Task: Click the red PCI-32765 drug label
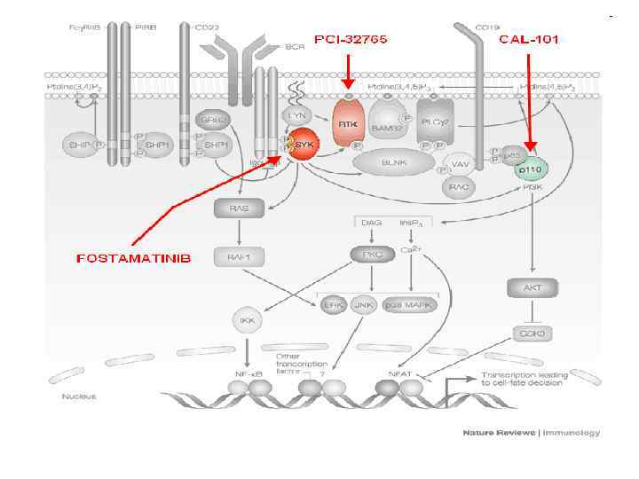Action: (x=351, y=40)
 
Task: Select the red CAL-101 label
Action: (x=528, y=40)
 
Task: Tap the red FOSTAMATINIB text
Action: (x=132, y=259)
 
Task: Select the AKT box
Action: (x=532, y=287)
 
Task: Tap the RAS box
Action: (x=239, y=208)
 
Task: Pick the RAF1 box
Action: (x=239, y=257)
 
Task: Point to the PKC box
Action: (x=372, y=255)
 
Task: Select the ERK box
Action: (x=335, y=304)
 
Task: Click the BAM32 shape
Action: (x=388, y=118)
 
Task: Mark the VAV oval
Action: (x=460, y=165)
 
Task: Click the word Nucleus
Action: (x=79, y=396)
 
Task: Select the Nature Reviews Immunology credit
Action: (x=532, y=433)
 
